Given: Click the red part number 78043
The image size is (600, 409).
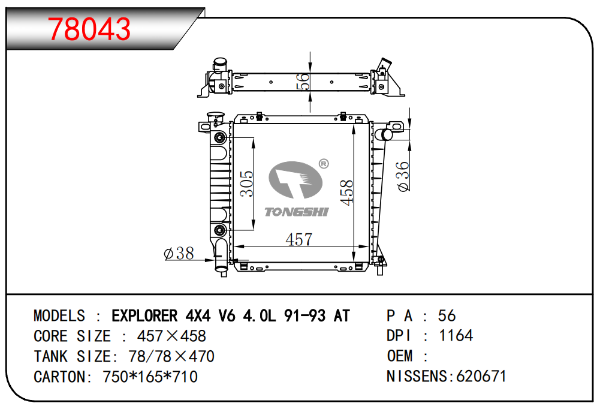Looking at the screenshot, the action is point(89,29).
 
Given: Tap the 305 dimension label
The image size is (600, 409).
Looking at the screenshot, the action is point(247,184).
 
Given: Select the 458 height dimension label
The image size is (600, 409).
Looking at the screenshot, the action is point(346,193).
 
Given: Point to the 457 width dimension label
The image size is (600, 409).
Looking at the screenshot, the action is point(299,240).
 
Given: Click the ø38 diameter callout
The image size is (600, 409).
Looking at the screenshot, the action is point(179,253).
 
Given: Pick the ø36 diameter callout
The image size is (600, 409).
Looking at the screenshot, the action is point(403,176).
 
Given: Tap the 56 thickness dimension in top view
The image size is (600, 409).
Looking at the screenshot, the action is point(303,82).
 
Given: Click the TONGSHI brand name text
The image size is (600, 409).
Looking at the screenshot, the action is point(297,212).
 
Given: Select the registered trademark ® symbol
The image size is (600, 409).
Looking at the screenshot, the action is point(324,164).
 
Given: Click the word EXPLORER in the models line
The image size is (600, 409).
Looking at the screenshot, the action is point(144,316).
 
